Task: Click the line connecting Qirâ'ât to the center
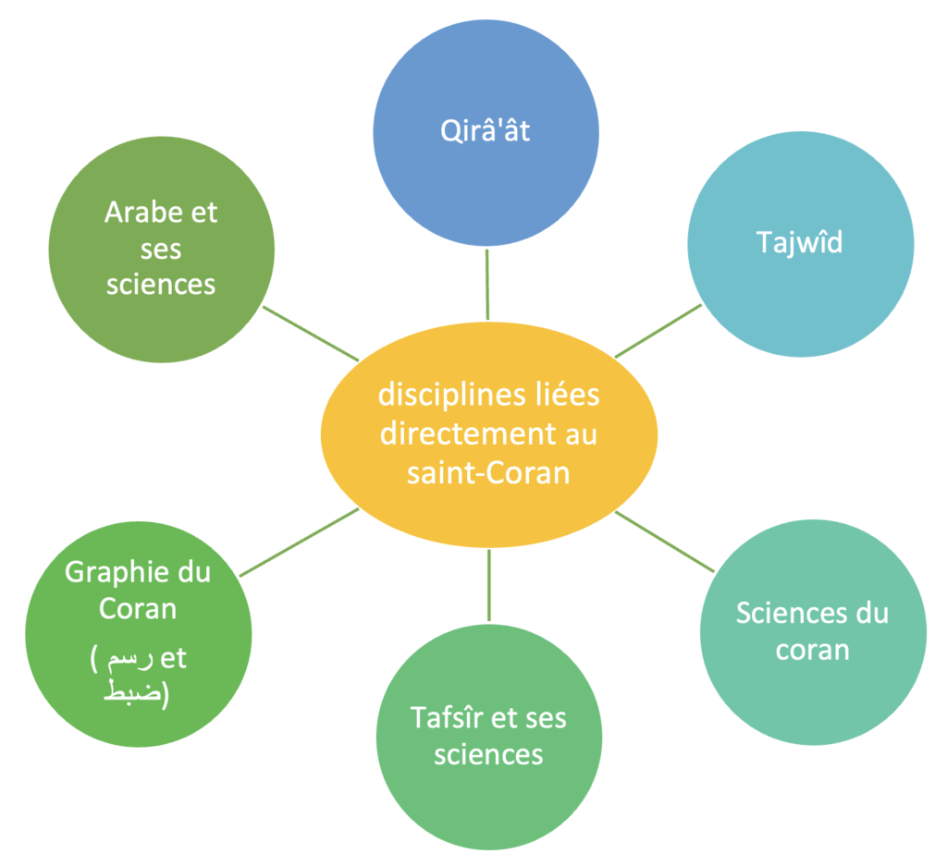(x=486, y=283)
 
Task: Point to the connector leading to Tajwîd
(x=658, y=330)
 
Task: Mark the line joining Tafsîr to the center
(x=489, y=583)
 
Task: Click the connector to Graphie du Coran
(x=299, y=542)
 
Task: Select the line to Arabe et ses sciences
(x=310, y=333)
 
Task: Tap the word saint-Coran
(x=488, y=472)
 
